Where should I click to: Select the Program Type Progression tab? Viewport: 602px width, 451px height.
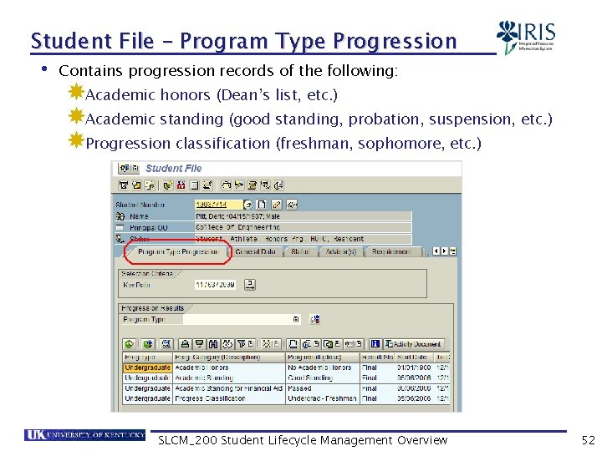[x=178, y=251]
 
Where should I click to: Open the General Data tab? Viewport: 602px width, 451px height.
[x=256, y=251]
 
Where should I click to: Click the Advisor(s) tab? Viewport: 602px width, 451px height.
[x=341, y=251]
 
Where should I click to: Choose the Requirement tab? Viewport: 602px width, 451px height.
[x=391, y=251]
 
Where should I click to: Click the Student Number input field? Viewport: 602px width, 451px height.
[x=218, y=204]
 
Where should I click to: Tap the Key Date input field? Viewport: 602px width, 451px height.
[x=215, y=284]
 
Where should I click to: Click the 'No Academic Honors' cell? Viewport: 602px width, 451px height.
[x=319, y=367]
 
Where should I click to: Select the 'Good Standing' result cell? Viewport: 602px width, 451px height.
[x=310, y=378]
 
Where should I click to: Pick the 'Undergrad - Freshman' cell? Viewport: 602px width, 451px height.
[x=321, y=399]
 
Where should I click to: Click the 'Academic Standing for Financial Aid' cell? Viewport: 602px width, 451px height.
[x=228, y=388]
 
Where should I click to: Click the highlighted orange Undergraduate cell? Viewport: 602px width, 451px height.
[x=147, y=367]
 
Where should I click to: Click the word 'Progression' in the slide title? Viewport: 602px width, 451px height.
[x=395, y=41]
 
